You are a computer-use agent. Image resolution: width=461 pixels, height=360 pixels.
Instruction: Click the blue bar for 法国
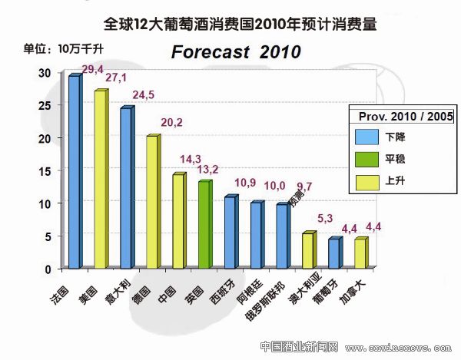click(x=74, y=172)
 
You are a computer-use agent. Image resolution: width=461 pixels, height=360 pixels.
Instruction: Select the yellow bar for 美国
click(x=100, y=180)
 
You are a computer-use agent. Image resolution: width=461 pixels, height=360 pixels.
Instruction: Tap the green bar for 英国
click(x=204, y=225)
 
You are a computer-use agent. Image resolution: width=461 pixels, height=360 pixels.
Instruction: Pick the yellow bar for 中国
click(x=177, y=221)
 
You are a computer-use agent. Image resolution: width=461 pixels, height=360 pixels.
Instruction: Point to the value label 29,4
click(x=93, y=70)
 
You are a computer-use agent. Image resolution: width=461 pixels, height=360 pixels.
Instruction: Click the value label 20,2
click(x=171, y=122)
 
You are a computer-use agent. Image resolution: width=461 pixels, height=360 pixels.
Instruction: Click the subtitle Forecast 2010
click(x=235, y=52)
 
